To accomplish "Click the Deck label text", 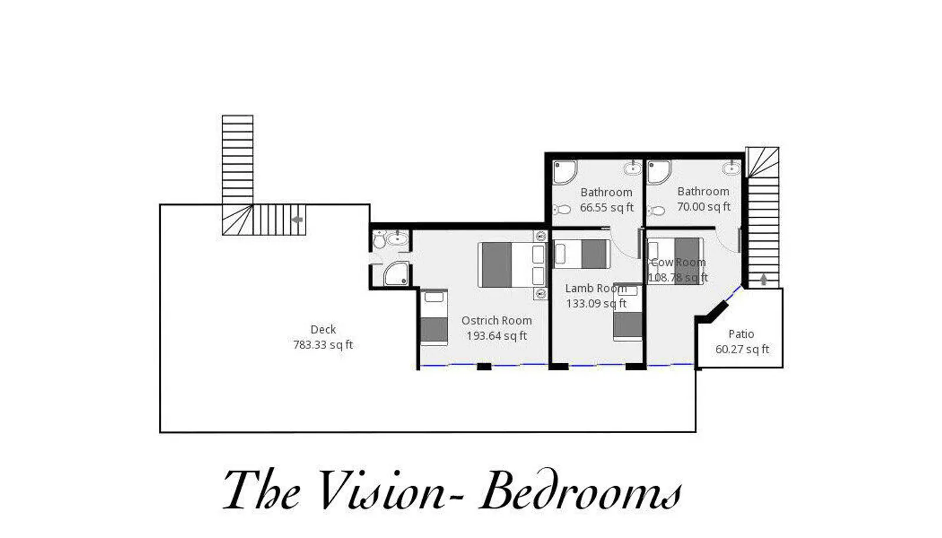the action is pos(323,329).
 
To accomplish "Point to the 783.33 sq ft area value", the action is pos(323,345).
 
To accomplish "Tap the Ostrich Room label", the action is pos(497,320).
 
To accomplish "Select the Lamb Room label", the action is pos(596,288).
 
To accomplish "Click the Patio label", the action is pos(741,334).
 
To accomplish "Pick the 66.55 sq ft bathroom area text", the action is pos(606,208).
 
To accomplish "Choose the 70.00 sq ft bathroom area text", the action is pos(704,207).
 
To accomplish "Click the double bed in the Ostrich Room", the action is pos(513,265).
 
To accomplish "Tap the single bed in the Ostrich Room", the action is pos(434,317).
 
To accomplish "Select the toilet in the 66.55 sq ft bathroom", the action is pos(562,210).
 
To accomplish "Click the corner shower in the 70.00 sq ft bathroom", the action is pos(659,172).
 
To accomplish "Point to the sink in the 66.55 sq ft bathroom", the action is pos(632,168).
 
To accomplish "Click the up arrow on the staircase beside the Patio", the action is pos(764,280).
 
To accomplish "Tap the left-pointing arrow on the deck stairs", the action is pos(297,220).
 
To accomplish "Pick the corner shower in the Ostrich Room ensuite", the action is pos(397,274).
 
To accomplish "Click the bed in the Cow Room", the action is pos(675,261).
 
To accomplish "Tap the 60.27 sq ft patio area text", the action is pos(742,349).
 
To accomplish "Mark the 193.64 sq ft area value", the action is pos(497,336).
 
